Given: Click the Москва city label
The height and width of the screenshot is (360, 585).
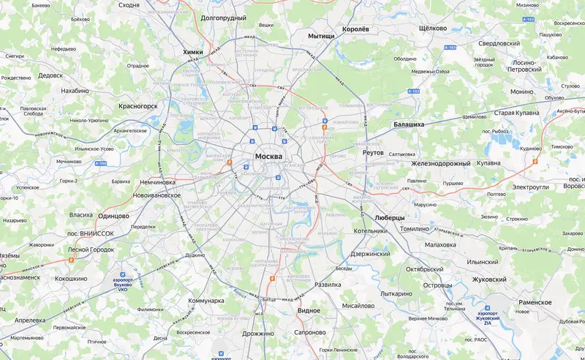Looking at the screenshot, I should click(274, 157).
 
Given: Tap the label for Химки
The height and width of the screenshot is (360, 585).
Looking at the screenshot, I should click(193, 51).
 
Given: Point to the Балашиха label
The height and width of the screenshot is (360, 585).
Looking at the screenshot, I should click(409, 124).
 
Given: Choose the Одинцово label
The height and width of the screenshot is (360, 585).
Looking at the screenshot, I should click(113, 215).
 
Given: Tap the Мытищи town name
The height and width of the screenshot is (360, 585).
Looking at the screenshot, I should click(321, 35).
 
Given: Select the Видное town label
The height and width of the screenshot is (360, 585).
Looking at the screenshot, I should click(309, 311).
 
